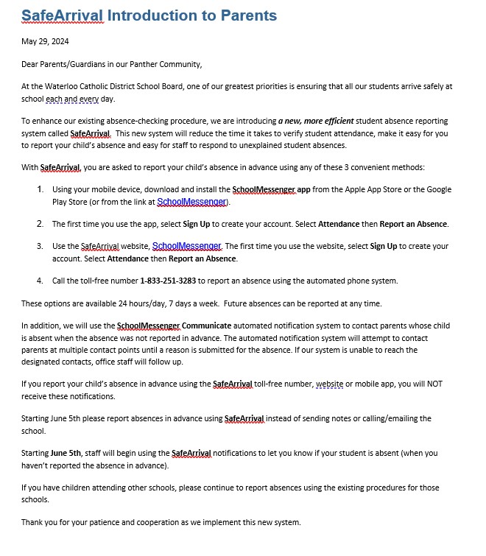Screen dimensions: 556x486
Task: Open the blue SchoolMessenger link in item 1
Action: pos(193,202)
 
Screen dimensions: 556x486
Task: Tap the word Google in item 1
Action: pos(437,189)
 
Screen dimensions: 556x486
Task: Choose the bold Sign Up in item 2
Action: pos(198,224)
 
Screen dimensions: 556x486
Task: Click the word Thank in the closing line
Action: pos(33,522)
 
